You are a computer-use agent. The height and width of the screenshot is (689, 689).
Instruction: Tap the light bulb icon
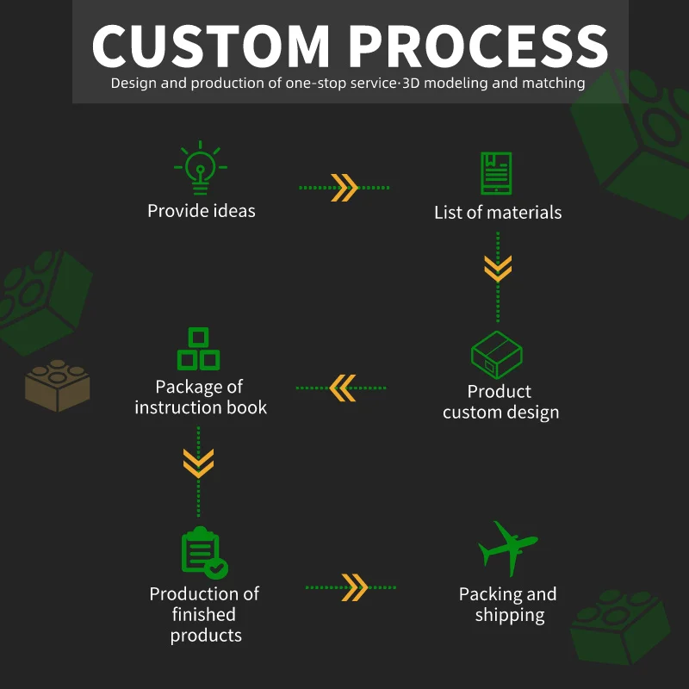(200, 167)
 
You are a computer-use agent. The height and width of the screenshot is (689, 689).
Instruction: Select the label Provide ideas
(201, 211)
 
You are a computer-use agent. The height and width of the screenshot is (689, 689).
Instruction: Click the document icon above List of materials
(496, 173)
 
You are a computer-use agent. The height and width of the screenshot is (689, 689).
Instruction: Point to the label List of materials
(498, 212)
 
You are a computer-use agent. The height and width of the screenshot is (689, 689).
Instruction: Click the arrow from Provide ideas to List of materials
(344, 187)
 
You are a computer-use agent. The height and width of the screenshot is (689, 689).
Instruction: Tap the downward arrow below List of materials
(497, 268)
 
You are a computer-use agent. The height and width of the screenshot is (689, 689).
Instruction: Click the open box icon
(497, 355)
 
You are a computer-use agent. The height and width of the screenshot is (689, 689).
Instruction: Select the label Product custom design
(500, 402)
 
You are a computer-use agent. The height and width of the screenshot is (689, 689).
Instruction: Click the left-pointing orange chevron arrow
(342, 388)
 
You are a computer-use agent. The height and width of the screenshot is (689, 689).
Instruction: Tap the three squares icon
(198, 349)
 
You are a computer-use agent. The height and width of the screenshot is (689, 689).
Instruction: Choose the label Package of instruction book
(200, 397)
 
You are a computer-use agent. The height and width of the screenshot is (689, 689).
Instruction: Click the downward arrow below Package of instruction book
(198, 463)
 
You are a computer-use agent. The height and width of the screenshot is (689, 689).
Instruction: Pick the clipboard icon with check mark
(203, 553)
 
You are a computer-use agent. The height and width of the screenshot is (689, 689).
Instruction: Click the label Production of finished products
(205, 614)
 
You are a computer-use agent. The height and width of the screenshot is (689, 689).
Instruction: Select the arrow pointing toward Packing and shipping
(354, 587)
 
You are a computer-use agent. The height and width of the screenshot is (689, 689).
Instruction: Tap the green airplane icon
(508, 548)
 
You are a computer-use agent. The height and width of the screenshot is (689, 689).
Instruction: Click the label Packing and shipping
(508, 605)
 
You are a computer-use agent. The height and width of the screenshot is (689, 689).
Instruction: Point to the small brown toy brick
(57, 385)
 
